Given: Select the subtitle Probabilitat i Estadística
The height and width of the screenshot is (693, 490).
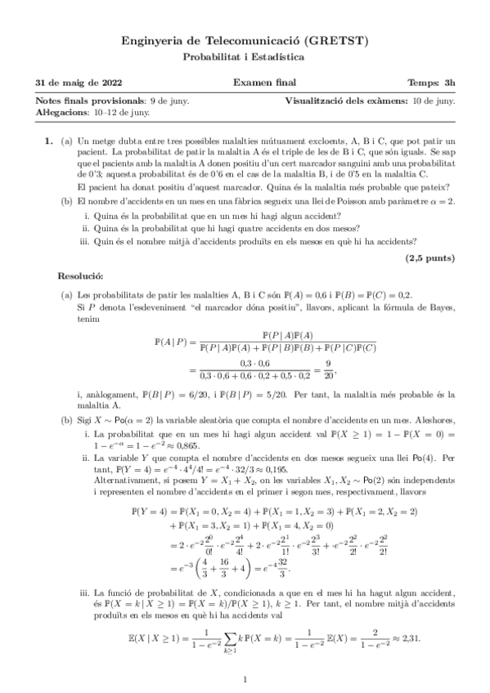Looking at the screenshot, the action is coord(244,57).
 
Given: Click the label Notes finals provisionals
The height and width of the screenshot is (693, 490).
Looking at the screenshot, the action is coord(83,101).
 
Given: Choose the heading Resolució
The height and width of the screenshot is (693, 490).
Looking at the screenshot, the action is coord(80,278).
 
